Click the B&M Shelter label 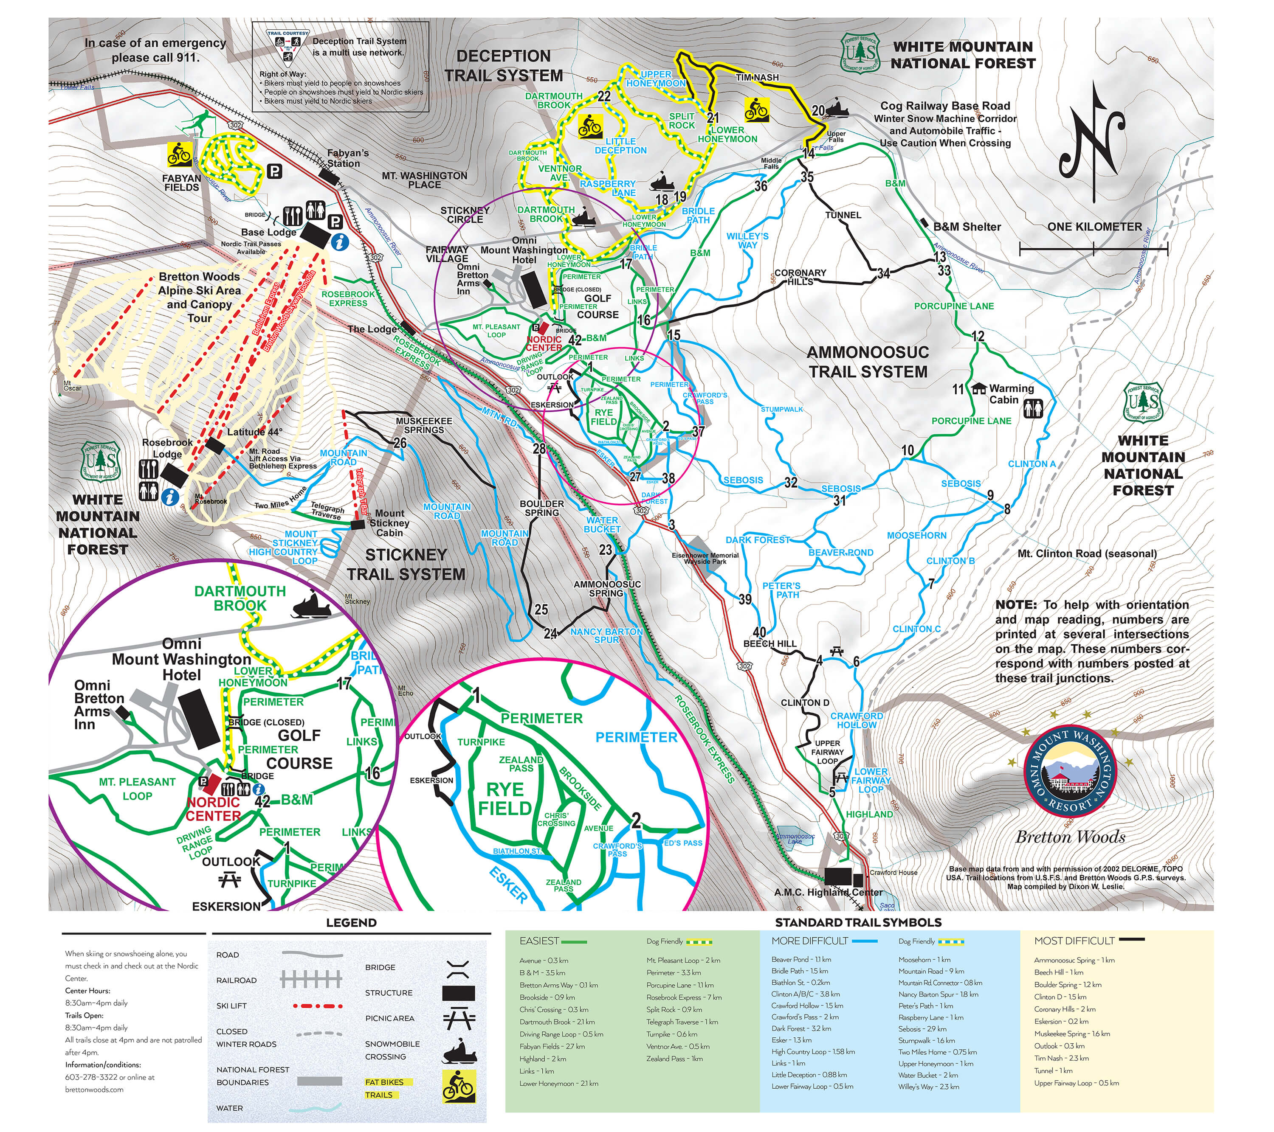coord(967,227)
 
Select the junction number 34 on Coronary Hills coord(883,273)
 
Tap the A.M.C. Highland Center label coord(828,892)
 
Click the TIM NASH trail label coord(757,77)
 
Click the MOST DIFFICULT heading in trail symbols coord(1074,941)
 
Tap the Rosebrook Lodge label coord(167,448)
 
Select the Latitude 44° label coord(254,432)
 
